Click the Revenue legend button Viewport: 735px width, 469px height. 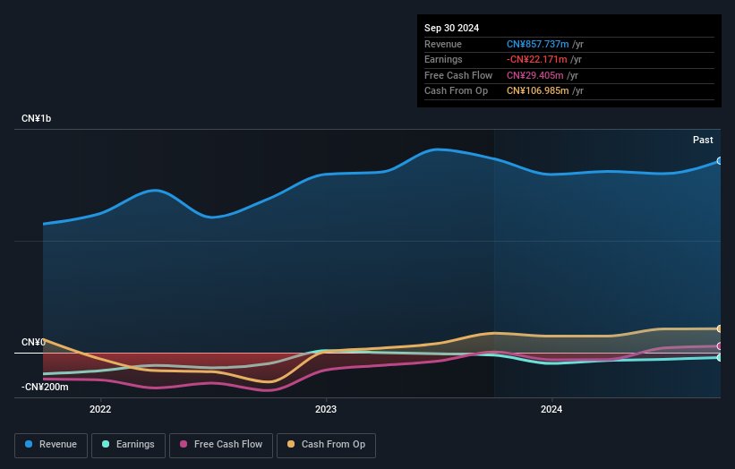[x=51, y=445]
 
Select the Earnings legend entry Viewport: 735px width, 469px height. [x=128, y=445]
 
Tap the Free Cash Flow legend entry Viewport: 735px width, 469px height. [x=221, y=445]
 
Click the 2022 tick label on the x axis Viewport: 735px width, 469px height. [x=100, y=410]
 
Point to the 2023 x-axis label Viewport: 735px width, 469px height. [x=326, y=410]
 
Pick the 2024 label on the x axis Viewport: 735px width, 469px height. [x=551, y=410]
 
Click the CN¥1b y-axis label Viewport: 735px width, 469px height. [x=37, y=119]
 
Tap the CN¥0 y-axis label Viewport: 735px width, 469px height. [x=33, y=343]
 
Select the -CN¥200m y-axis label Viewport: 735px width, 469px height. [x=45, y=387]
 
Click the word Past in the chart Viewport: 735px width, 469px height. [x=703, y=141]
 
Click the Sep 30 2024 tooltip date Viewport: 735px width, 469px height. [x=452, y=28]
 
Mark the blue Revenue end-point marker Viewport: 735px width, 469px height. [x=719, y=161]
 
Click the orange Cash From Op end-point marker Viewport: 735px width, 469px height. [x=719, y=328]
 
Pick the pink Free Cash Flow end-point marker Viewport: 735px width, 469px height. [x=719, y=345]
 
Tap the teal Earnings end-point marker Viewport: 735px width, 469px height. [x=719, y=357]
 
